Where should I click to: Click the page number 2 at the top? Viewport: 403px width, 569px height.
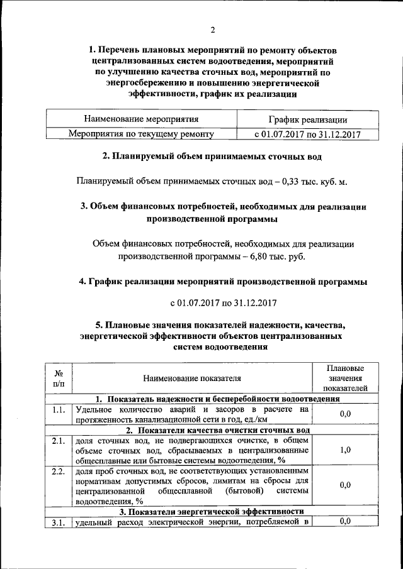pos(213,30)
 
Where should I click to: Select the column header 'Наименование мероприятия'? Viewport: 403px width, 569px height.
pos(142,119)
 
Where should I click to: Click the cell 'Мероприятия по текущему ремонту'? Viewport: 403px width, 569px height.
pos(142,134)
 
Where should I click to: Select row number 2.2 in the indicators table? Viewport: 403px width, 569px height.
pos(58,471)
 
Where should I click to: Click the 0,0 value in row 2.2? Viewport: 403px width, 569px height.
pos(344,485)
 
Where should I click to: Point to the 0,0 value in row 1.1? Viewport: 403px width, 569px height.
pos(344,414)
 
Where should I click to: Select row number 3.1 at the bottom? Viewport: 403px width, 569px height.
pos(58,522)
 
